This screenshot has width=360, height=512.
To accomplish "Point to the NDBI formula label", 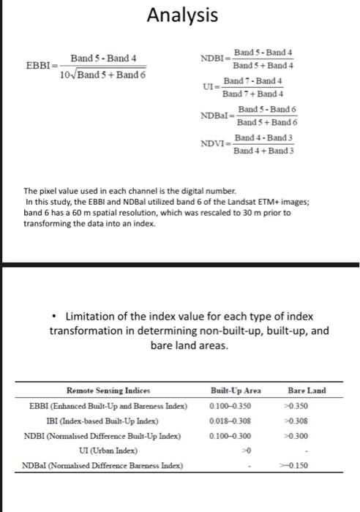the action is pos(214,59).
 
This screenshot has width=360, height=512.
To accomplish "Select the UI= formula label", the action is pos(210,86).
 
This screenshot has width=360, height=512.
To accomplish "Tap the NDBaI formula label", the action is pos(216,116).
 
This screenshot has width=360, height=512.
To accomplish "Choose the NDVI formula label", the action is pos(215,144).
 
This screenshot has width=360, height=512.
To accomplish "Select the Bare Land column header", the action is pos(307,391).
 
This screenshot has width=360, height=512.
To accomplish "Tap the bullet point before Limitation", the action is pos(56,317).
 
